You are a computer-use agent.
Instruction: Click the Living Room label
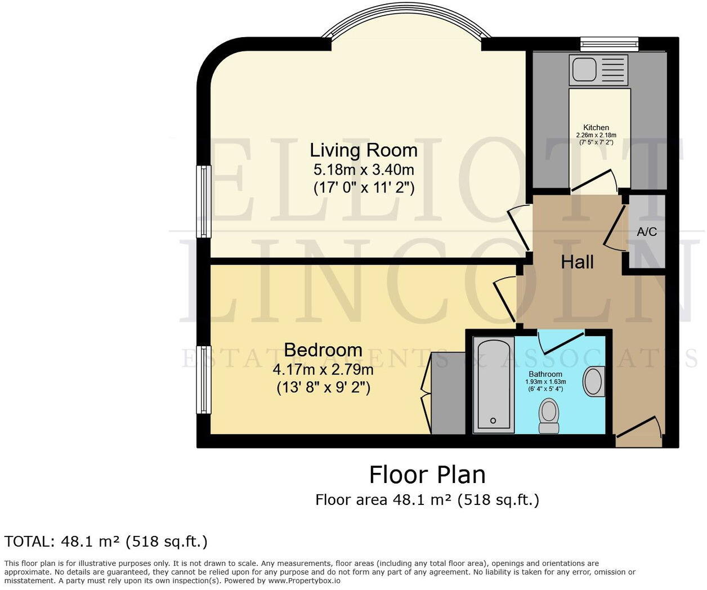click(x=364, y=150)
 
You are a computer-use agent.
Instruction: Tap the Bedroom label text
click(x=323, y=350)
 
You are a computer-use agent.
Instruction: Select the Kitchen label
click(x=596, y=127)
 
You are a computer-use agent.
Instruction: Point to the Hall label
click(x=577, y=262)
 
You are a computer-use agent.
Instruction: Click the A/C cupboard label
click(x=647, y=232)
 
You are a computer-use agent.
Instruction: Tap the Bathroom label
click(x=545, y=374)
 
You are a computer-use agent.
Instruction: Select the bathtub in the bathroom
click(x=493, y=385)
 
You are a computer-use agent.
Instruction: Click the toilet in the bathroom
click(x=548, y=414)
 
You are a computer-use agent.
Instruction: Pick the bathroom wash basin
click(x=593, y=381)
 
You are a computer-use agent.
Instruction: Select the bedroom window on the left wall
click(x=203, y=379)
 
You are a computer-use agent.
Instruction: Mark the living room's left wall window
click(x=203, y=201)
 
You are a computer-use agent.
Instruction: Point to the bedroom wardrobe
click(x=448, y=393)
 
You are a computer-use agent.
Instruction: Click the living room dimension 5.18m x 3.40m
click(x=364, y=169)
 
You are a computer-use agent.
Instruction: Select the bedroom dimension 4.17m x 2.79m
click(x=323, y=370)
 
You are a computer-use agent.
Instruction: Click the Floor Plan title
click(x=427, y=475)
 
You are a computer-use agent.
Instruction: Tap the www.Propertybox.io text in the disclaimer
click(x=304, y=580)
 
